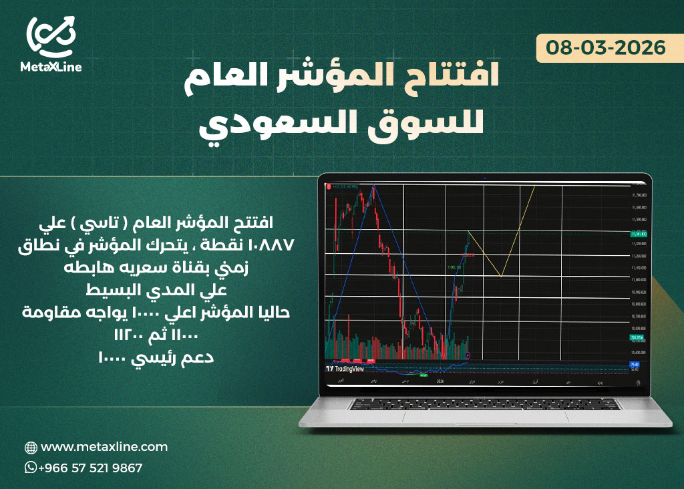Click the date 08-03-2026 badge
[x=606, y=48]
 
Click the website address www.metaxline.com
[x=104, y=447]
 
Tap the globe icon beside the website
[x=31, y=448]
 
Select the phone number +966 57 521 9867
[x=90, y=468]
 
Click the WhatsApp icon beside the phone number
[x=30, y=468]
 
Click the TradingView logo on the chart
[x=345, y=368]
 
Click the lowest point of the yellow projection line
[x=501, y=275]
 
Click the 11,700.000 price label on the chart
[x=639, y=195]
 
